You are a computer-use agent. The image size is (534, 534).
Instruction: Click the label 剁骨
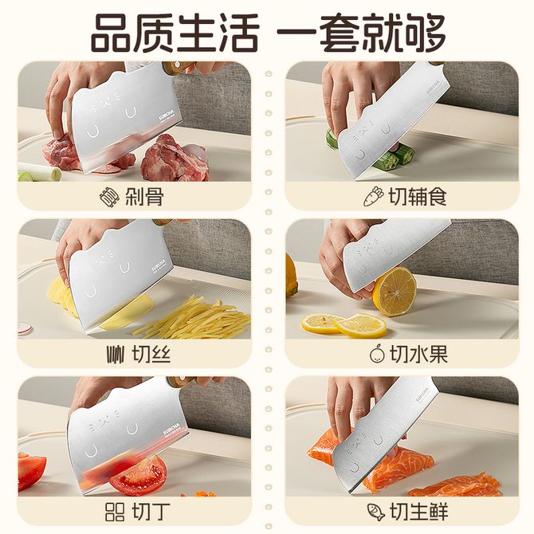(144, 197)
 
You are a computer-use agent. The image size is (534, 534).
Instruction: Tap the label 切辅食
(418, 197)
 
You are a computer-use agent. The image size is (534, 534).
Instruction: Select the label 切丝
(151, 354)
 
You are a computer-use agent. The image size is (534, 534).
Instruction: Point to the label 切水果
(418, 354)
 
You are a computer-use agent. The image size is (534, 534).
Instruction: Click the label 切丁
(151, 512)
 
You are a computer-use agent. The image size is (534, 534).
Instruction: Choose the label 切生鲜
(418, 512)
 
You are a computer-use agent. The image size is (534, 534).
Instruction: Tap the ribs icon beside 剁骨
(110, 197)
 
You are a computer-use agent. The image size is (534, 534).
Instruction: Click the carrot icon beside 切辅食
(373, 197)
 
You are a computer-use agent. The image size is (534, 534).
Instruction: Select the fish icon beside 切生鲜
(376, 512)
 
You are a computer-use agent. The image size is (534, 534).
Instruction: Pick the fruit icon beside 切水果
(377, 354)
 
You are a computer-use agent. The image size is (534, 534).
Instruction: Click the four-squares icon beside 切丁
(115, 512)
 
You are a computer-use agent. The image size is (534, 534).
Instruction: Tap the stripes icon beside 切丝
(115, 355)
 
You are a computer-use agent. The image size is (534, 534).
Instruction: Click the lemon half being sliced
(395, 291)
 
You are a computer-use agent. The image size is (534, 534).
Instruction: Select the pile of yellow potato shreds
(192, 317)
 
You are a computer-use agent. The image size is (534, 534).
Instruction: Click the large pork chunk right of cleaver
(175, 159)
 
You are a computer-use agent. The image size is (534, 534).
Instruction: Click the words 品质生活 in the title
(175, 33)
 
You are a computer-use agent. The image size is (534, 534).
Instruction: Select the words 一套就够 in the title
(361, 33)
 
